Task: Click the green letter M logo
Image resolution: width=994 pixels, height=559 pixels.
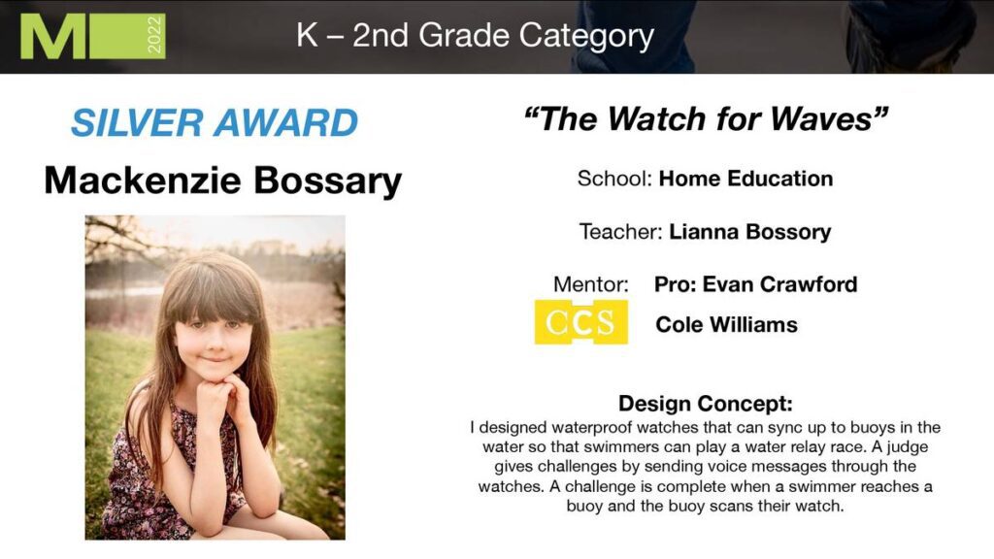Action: (x=52, y=36)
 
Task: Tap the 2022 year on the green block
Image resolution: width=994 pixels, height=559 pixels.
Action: (x=154, y=36)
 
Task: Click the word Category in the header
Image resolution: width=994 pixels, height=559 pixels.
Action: (x=586, y=36)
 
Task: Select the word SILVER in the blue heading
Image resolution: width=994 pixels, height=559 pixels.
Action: (x=137, y=122)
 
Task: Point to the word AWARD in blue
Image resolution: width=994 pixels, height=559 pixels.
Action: (x=286, y=122)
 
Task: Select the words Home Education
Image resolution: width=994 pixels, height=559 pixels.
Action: (x=745, y=179)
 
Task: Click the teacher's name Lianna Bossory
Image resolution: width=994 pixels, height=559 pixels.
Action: (x=750, y=232)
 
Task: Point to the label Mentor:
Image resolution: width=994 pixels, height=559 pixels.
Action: (x=591, y=284)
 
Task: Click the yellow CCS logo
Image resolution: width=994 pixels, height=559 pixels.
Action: (x=580, y=322)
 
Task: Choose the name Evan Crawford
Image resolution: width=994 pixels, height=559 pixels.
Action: (x=779, y=284)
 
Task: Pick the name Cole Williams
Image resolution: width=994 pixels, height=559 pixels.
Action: (x=726, y=324)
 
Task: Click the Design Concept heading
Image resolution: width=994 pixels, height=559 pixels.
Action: (x=706, y=404)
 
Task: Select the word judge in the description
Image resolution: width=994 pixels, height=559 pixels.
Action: (x=908, y=446)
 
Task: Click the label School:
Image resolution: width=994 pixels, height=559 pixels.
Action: (x=614, y=179)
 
